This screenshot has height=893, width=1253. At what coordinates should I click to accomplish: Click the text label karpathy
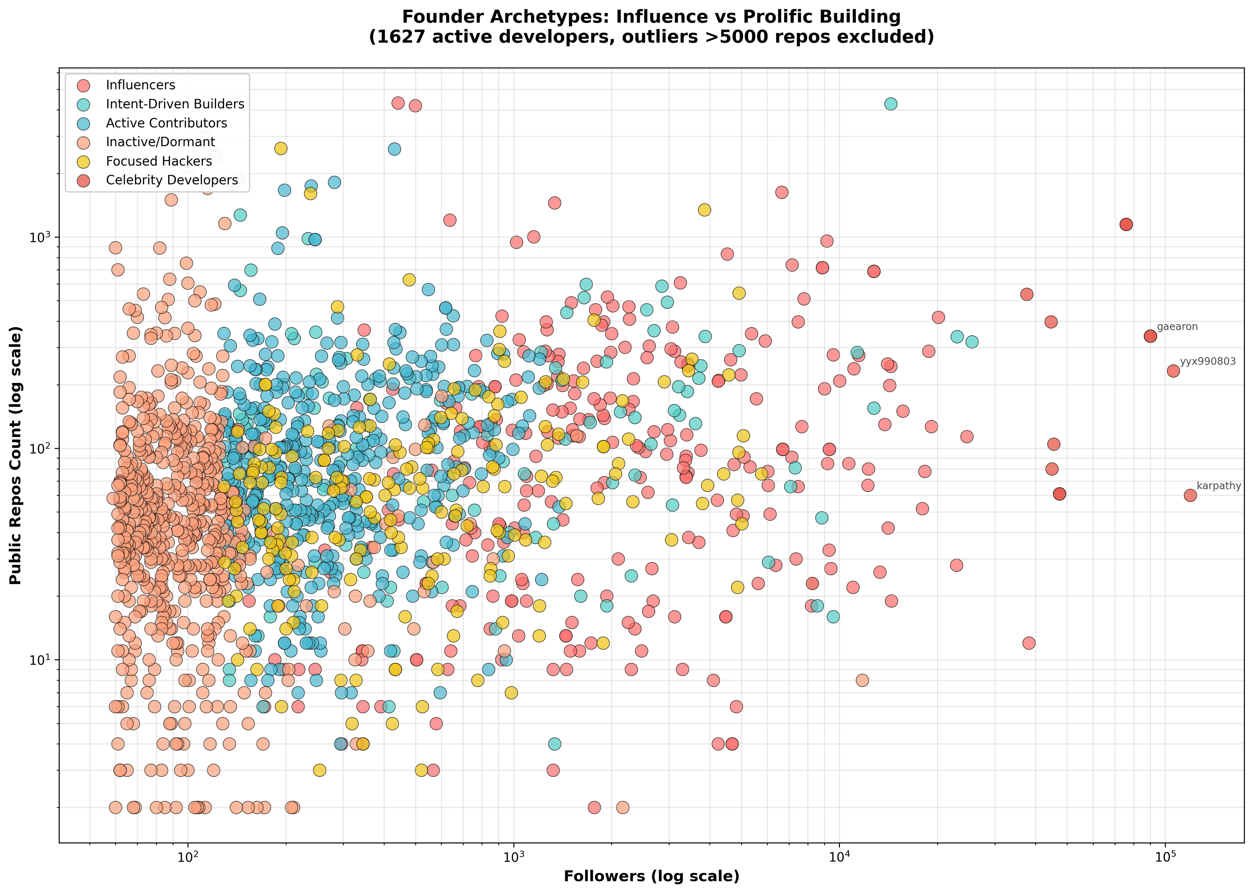point(1219,486)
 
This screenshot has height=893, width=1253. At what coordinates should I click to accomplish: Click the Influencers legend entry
point(140,85)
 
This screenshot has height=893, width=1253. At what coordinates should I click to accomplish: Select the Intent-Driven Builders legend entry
point(175,104)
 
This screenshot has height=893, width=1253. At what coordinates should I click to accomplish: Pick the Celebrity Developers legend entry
point(172,180)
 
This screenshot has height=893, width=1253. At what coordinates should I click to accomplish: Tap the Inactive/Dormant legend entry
point(160,142)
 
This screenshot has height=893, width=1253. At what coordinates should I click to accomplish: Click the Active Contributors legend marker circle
point(83,123)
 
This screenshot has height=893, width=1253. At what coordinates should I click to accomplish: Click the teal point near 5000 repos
point(890,104)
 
